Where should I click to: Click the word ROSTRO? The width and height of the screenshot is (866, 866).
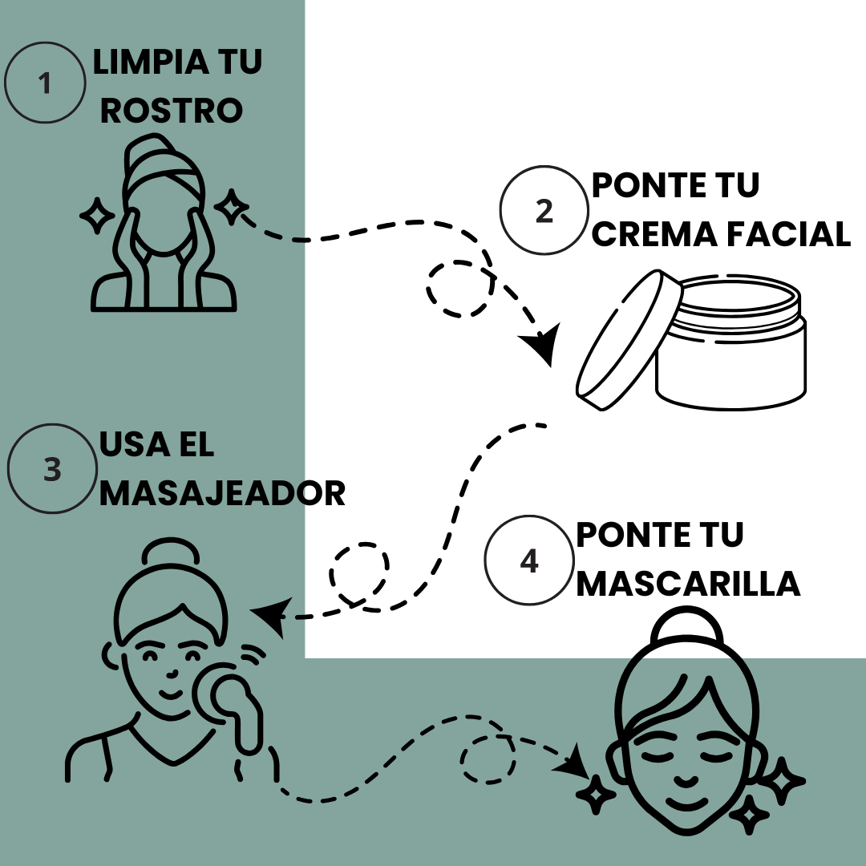pos(172,111)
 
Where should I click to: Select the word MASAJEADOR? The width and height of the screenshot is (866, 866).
pos(222,493)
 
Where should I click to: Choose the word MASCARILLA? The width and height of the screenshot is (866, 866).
pos(688,584)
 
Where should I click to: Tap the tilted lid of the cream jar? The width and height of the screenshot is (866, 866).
pos(629,340)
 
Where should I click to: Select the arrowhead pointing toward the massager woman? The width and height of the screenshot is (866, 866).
pos(271,616)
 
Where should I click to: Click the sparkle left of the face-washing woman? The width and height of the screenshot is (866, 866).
pos(97,216)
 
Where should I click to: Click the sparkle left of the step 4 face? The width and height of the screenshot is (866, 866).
pos(596,794)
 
